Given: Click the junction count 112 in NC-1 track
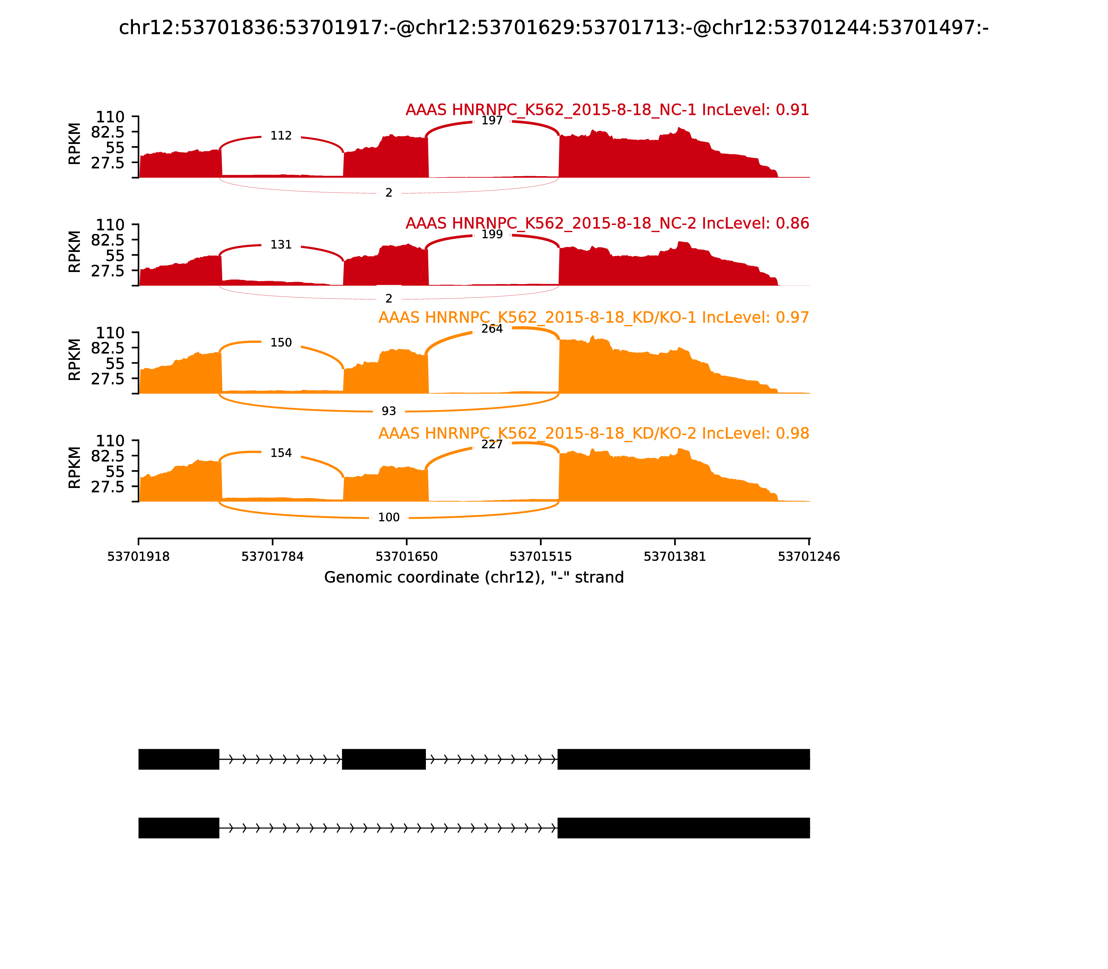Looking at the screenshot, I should point(281,136).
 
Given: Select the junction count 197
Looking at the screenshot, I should point(492,120).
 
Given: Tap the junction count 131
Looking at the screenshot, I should point(281,245).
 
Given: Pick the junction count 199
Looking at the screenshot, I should point(492,234).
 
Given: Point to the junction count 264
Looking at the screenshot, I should point(492,329).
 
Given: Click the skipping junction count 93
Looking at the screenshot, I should point(388,411).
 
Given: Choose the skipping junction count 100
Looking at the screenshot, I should point(388,517).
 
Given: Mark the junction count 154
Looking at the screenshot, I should point(281,453).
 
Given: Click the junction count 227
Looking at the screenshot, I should point(492,444).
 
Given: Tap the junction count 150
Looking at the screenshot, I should point(281,343).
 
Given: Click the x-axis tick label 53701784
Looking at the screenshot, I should point(272,556).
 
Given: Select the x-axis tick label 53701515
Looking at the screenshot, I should point(540,556).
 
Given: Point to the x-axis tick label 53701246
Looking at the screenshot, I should point(808,556).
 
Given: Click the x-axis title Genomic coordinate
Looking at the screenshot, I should point(474,578).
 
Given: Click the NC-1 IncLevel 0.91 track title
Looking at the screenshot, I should point(607,110).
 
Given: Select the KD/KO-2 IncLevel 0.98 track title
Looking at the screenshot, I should point(593,433).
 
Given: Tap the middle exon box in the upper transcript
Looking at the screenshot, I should point(384,759).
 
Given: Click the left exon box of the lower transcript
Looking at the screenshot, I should point(179,828).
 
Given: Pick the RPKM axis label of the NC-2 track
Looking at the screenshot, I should point(75,252).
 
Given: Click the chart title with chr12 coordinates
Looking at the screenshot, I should point(553,28).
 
